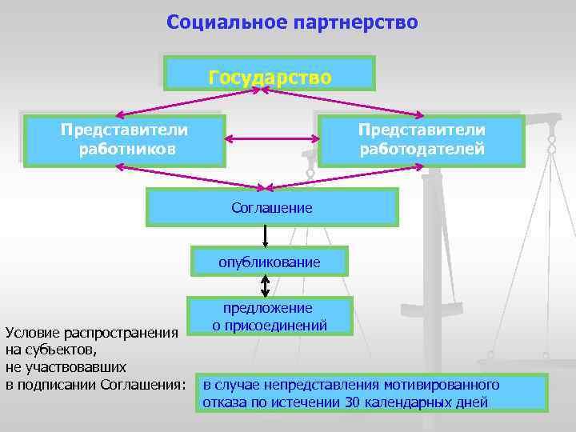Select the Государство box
(270, 74)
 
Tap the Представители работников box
(123, 140)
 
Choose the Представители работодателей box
(422, 140)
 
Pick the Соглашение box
(272, 208)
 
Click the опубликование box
(270, 262)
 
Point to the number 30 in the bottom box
(353, 402)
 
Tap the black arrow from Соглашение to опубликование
(265, 236)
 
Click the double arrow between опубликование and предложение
(265, 286)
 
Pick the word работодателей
(422, 149)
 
